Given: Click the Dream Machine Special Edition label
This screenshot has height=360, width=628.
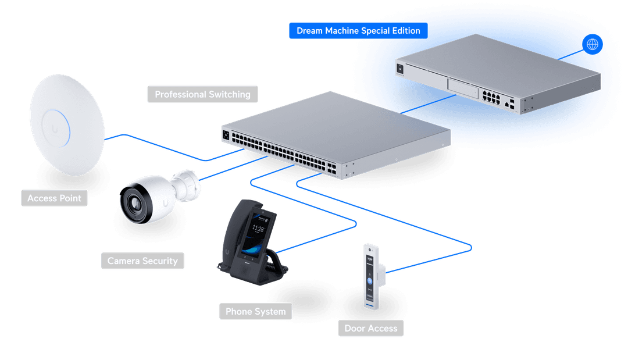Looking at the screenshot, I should (358, 31).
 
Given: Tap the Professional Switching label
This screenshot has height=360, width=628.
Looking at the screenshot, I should (202, 94).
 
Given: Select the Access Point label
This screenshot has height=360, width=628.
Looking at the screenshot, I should (54, 198).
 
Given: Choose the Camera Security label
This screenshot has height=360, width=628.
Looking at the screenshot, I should (142, 261).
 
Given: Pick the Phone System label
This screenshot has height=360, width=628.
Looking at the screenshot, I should (255, 312).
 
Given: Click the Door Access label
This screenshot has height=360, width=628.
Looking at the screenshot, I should (370, 329).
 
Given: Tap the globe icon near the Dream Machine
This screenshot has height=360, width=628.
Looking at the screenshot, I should (593, 44).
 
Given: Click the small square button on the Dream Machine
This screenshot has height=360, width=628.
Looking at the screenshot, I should (399, 68).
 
